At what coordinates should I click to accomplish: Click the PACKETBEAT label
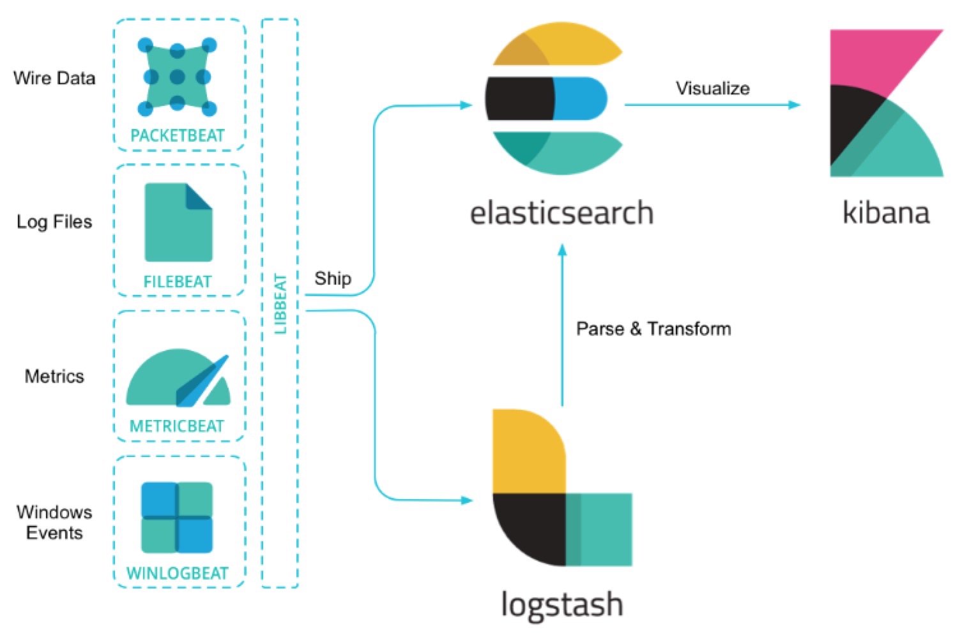pos(178,136)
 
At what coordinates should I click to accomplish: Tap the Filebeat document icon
pos(178,223)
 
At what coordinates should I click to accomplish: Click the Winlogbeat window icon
pos(177,517)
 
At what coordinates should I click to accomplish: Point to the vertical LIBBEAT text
pos(280,304)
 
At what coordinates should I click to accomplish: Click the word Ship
pos(333,279)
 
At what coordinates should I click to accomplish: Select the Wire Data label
pos(54,79)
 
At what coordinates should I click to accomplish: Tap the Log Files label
pos(54,222)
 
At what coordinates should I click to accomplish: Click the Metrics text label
pos(54,377)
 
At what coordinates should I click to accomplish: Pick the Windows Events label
pos(54,523)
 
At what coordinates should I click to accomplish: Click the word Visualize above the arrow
pos(713,89)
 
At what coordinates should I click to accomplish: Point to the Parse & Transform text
pos(653,329)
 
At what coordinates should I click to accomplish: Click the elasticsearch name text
pos(561,213)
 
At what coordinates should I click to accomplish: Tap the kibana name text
pos(886,213)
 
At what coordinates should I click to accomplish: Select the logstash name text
pos(562,604)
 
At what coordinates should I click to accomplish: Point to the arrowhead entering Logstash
pos(467,500)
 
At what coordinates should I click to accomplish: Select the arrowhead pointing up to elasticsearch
pos(562,250)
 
